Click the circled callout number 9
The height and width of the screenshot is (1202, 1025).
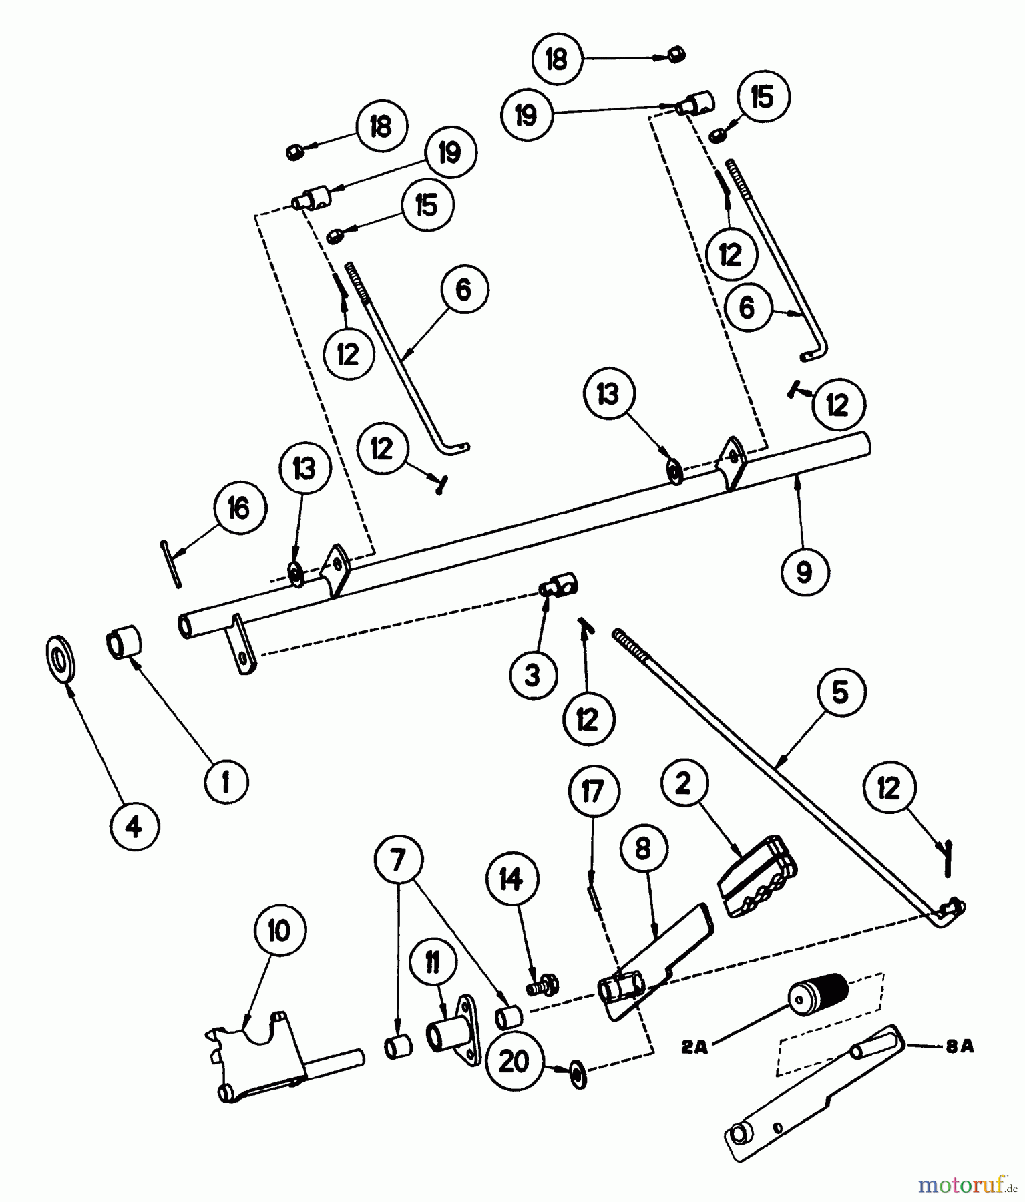pyautogui.click(x=803, y=572)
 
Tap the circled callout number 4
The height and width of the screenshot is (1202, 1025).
pyautogui.click(x=134, y=828)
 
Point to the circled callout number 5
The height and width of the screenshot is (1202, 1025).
pyautogui.click(x=840, y=692)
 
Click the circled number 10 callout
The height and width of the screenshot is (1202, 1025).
pyautogui.click(x=279, y=930)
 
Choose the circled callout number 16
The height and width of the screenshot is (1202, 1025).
pyautogui.click(x=238, y=509)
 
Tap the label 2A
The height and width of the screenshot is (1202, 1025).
pyautogui.click(x=694, y=1048)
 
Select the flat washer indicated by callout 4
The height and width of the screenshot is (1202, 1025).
pyautogui.click(x=61, y=659)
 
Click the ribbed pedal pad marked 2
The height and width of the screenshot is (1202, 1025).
pyautogui.click(x=757, y=876)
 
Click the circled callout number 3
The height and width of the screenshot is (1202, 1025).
pyautogui.click(x=532, y=676)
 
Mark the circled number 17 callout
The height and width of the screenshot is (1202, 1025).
pyautogui.click(x=593, y=792)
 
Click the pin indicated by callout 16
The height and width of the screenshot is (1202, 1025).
pyautogui.click(x=170, y=564)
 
